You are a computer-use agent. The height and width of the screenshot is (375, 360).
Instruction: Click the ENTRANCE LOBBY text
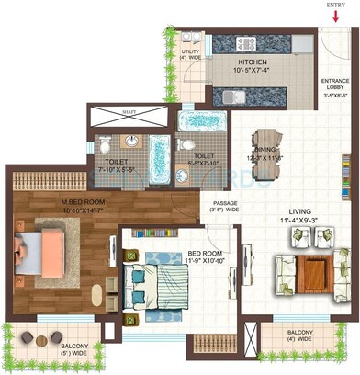pos(334,86)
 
